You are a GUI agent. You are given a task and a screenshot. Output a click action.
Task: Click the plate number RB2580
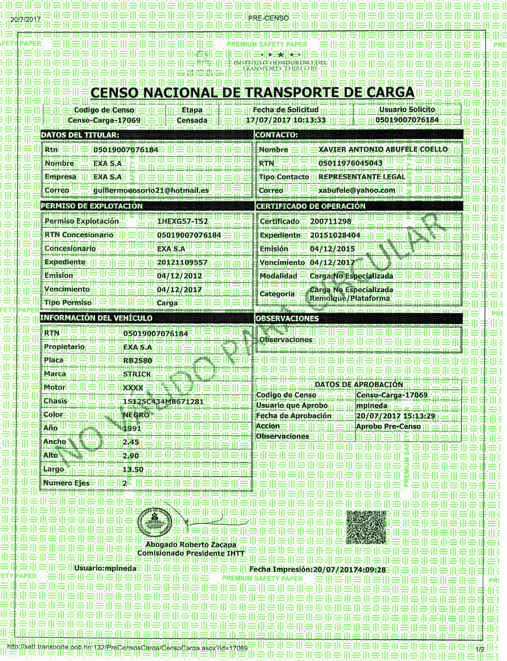pos(138,361)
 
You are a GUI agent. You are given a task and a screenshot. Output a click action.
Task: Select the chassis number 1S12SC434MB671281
pos(163,401)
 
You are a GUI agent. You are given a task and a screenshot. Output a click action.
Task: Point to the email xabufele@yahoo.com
pos(357,191)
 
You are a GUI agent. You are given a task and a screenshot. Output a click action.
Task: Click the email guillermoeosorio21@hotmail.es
pos(151,191)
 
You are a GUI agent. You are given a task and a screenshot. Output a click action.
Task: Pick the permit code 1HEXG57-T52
pos(182,221)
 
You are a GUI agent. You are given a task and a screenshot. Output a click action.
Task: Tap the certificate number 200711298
pos(331,221)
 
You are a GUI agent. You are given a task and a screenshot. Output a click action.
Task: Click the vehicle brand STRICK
pos(137,374)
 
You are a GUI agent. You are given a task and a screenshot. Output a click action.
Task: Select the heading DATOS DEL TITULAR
pos(80,135)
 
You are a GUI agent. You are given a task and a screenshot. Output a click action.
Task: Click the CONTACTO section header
pos(276,135)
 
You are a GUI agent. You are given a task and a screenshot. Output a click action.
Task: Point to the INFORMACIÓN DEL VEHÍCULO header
pos(96,318)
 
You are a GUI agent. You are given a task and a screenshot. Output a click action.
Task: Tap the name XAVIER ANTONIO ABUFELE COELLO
pos(383,150)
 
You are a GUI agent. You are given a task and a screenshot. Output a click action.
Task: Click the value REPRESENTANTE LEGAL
pos(362,177)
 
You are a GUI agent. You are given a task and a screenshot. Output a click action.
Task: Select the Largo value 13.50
pos(133,470)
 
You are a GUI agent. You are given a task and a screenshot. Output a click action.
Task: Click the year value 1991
pos(132,428)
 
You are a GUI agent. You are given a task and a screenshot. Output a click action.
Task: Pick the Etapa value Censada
pos(192,120)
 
